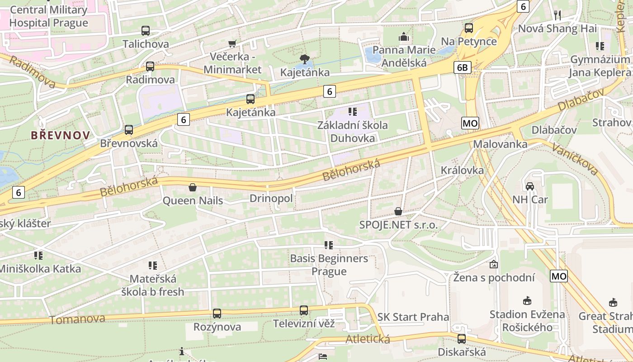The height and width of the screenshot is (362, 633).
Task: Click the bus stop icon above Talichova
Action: pyautogui.click(x=145, y=31)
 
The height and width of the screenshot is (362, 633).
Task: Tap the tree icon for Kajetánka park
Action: pyautogui.click(x=304, y=59)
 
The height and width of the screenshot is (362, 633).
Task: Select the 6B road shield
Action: pyautogui.click(x=463, y=68)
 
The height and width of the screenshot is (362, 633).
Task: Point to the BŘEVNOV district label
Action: pyautogui.click(x=60, y=135)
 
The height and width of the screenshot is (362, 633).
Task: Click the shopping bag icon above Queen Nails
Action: pyautogui.click(x=193, y=187)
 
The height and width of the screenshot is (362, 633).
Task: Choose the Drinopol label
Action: pyautogui.click(x=271, y=199)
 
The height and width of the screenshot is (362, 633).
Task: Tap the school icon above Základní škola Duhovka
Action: pyautogui.click(x=353, y=111)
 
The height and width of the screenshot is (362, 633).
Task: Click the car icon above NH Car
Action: pyautogui.click(x=529, y=186)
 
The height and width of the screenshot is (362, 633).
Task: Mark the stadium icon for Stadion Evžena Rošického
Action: pyautogui.click(x=527, y=301)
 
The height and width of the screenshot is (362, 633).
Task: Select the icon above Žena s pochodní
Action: pyautogui.click(x=494, y=264)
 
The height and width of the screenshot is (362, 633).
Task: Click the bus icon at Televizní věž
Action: pyautogui.click(x=304, y=310)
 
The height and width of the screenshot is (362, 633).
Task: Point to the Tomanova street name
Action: pyautogui.click(x=77, y=319)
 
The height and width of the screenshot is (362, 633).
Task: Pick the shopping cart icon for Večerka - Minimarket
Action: pyautogui.click(x=232, y=43)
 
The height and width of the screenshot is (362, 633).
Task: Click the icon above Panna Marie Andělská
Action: pyautogui.click(x=403, y=37)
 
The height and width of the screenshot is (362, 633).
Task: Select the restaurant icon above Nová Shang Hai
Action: pyautogui.click(x=557, y=15)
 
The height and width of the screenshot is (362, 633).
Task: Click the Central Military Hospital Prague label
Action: pyautogui.click(x=48, y=16)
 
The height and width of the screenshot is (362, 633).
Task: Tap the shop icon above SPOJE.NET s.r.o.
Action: pyautogui.click(x=398, y=211)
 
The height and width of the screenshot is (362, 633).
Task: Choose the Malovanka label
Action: pyautogui.click(x=500, y=144)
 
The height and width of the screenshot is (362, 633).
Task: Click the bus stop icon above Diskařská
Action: pyautogui.click(x=462, y=338)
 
